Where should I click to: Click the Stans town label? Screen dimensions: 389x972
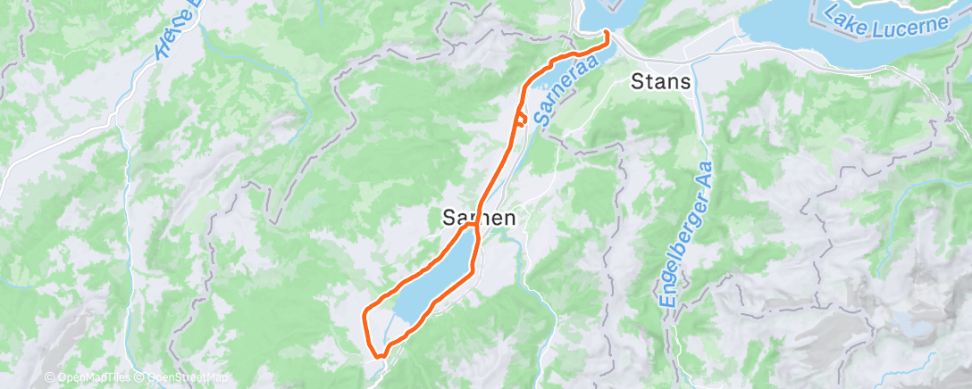tap(660, 82)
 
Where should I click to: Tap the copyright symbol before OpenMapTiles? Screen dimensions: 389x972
tap(50, 377)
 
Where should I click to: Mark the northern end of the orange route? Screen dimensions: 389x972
tap(607, 33)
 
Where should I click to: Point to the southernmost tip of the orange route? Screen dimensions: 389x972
tap(379, 356)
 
